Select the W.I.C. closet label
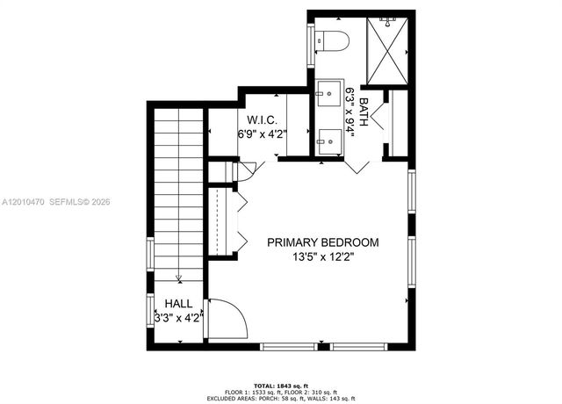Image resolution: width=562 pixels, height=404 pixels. [263, 119]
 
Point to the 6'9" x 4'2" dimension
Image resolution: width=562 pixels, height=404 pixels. [263, 134]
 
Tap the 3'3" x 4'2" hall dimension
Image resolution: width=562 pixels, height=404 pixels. [178, 318]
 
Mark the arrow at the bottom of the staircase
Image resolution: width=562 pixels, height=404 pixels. [178, 279]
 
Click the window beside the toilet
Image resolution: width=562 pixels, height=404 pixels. [310, 42]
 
